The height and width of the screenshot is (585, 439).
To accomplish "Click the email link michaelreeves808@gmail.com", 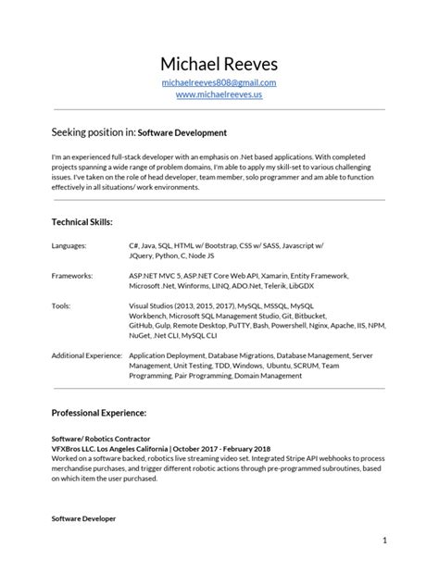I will tap(219, 83).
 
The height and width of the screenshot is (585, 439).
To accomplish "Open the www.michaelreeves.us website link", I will tap(219, 95).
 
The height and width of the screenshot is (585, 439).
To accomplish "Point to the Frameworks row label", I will tap(72, 275).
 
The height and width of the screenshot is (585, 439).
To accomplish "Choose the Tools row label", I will tap(61, 304).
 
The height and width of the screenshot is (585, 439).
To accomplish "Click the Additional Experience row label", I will tap(87, 355).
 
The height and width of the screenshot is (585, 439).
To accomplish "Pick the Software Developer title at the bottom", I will tap(83, 519).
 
